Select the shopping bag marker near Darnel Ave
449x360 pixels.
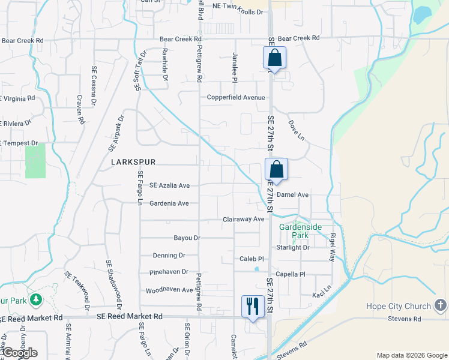(x=276, y=169)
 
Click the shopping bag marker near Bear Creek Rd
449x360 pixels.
(x=274, y=58)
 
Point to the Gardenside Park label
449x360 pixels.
(x=300, y=231)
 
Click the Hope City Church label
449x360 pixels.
(x=399, y=307)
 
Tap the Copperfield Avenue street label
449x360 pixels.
(x=236, y=97)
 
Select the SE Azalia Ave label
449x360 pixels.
(x=169, y=185)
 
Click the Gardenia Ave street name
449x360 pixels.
(x=169, y=203)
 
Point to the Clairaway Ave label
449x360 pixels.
(x=244, y=220)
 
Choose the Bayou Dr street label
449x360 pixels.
(x=187, y=238)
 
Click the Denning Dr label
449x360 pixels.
(x=169, y=255)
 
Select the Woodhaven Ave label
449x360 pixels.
(x=170, y=290)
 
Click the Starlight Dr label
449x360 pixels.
(x=292, y=247)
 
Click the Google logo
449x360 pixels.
(x=19, y=353)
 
